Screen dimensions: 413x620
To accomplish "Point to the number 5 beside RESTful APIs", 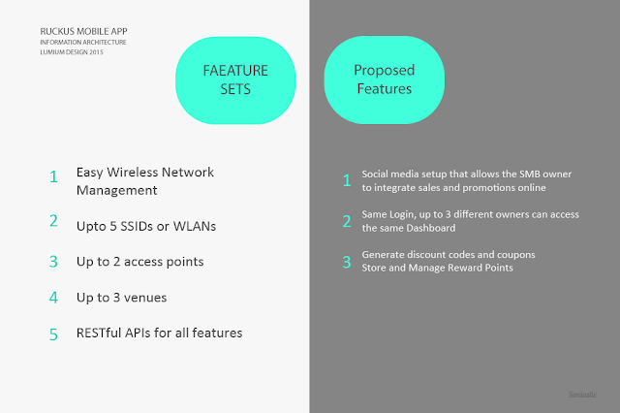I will coord(54,334).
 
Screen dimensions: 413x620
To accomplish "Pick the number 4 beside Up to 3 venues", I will coord(54,299).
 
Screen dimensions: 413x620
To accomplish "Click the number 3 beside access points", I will coord(54,263).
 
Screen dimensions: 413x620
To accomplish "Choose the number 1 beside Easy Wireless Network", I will coord(54,177).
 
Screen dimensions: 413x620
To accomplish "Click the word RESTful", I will coord(102,333).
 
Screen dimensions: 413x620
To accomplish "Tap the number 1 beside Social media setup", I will coord(345,179).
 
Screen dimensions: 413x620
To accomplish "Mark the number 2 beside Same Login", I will coord(345,220).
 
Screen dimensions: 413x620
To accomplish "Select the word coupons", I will coord(512,253).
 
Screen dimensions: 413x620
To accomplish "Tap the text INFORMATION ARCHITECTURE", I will coord(83,42).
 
